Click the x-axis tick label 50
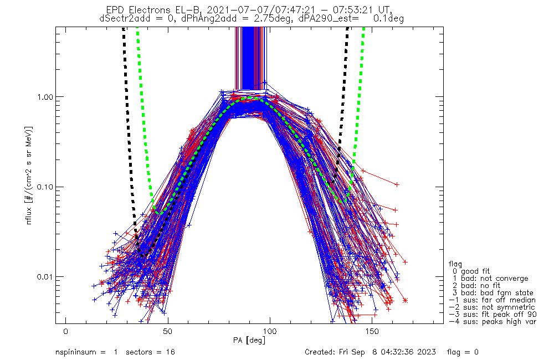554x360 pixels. [x=168, y=331]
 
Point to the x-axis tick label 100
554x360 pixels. [x=270, y=331]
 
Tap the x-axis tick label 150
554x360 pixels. [x=372, y=331]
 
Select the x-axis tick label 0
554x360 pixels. [x=66, y=331]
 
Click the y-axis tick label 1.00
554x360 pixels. [x=44, y=97]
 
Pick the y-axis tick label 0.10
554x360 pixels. [x=44, y=187]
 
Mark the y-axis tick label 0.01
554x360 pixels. [x=44, y=276]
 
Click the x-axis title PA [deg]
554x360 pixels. [x=249, y=341]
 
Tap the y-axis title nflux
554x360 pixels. [x=29, y=215]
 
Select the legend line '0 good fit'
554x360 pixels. [x=471, y=271]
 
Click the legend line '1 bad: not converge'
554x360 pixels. [x=490, y=279]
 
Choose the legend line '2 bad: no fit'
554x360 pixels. [x=476, y=285]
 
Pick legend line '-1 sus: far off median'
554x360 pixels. [x=492, y=300]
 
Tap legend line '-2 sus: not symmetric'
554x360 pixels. [x=492, y=307]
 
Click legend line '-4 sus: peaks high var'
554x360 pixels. [x=493, y=322]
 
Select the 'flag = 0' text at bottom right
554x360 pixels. [x=463, y=352]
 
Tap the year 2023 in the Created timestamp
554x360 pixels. [x=427, y=352]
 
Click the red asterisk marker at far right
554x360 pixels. [x=406, y=301]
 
